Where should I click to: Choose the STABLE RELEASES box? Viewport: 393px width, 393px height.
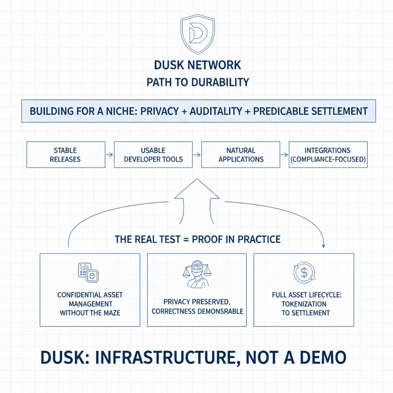(65, 154)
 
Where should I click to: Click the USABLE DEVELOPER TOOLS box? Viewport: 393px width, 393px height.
(153, 154)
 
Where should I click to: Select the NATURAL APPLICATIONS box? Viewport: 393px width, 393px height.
(241, 154)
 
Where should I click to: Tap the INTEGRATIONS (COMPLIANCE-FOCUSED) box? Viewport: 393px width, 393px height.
(328, 154)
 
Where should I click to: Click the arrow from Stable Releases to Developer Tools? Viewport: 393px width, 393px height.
(109, 155)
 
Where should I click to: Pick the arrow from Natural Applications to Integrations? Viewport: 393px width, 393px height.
(284, 155)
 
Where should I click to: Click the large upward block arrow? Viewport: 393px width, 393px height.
(197, 199)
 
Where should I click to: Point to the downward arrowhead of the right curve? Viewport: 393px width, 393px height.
(324, 245)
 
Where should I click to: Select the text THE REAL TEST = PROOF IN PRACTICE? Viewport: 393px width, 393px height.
(197, 239)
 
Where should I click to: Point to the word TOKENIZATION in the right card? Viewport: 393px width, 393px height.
(304, 304)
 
